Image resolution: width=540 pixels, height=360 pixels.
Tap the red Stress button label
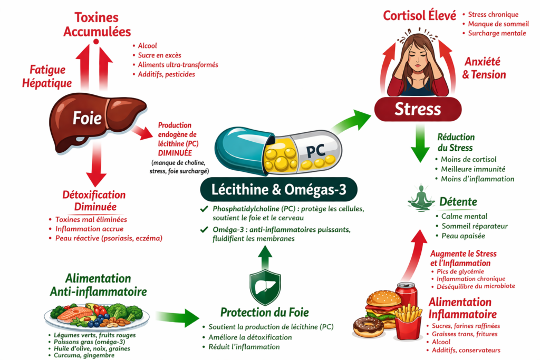[418, 109]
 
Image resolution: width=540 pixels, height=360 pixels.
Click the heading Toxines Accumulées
[97, 24]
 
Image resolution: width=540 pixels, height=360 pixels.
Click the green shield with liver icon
[265, 287]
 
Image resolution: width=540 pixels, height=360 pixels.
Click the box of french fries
[408, 322]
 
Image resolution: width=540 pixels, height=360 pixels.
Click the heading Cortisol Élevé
[419, 16]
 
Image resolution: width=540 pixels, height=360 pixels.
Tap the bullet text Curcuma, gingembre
[85, 355]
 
